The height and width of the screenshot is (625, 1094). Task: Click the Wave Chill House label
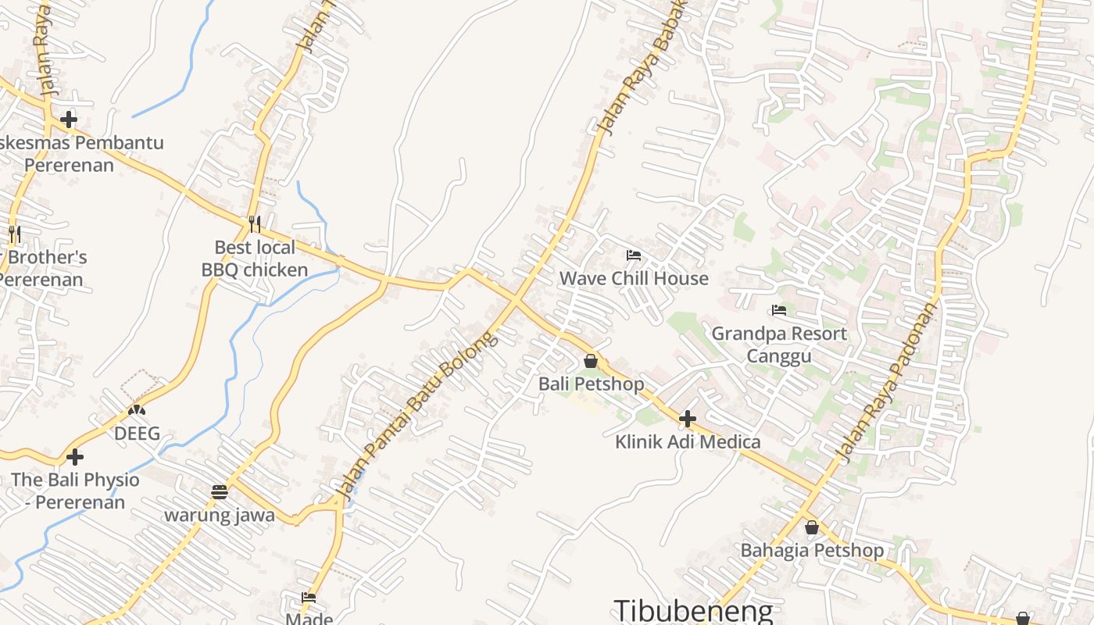tap(634, 278)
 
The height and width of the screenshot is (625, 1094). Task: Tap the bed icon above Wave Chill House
tap(634, 255)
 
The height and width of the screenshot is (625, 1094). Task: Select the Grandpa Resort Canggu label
tap(778, 345)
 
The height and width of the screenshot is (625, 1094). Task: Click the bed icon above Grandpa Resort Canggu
tap(778, 310)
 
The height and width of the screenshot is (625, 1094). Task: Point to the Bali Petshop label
tap(591, 384)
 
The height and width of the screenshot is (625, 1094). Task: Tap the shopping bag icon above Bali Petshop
tap(591, 361)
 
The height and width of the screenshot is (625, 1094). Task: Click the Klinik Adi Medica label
tap(688, 441)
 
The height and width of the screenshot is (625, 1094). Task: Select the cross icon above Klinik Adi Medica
tap(688, 419)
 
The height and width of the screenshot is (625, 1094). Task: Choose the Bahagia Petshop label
tap(812, 550)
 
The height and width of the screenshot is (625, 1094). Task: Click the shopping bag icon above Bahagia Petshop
tap(812, 527)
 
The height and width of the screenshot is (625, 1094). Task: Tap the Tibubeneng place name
tap(693, 610)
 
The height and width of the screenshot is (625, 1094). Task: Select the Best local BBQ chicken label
tap(255, 259)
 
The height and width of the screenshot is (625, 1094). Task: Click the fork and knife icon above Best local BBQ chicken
tap(255, 224)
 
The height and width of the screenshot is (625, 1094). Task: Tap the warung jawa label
tap(219, 515)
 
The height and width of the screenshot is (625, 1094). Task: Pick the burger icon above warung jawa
tap(219, 492)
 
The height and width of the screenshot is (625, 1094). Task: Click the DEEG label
tap(138, 433)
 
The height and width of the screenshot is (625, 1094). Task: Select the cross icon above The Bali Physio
tap(75, 456)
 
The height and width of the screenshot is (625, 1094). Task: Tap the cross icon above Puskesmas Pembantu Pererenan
tap(69, 120)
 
